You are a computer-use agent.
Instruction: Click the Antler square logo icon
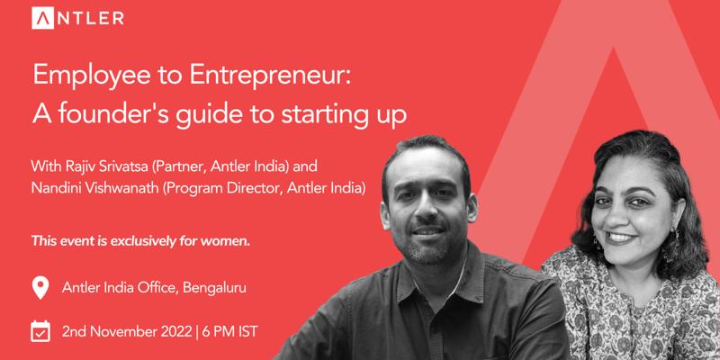[x=42, y=18]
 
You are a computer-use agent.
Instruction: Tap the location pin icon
[x=40, y=288]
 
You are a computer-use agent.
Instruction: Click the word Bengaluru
[x=214, y=288]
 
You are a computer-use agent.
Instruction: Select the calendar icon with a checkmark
[x=40, y=331]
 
